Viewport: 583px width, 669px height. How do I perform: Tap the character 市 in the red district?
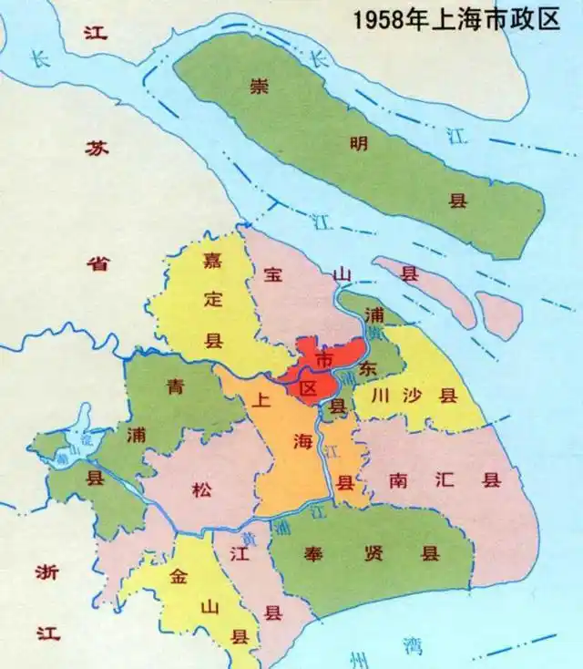tap(322, 354)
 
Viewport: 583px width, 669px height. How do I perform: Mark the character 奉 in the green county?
tap(310, 552)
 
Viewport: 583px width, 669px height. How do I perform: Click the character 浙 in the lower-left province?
tap(47, 572)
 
